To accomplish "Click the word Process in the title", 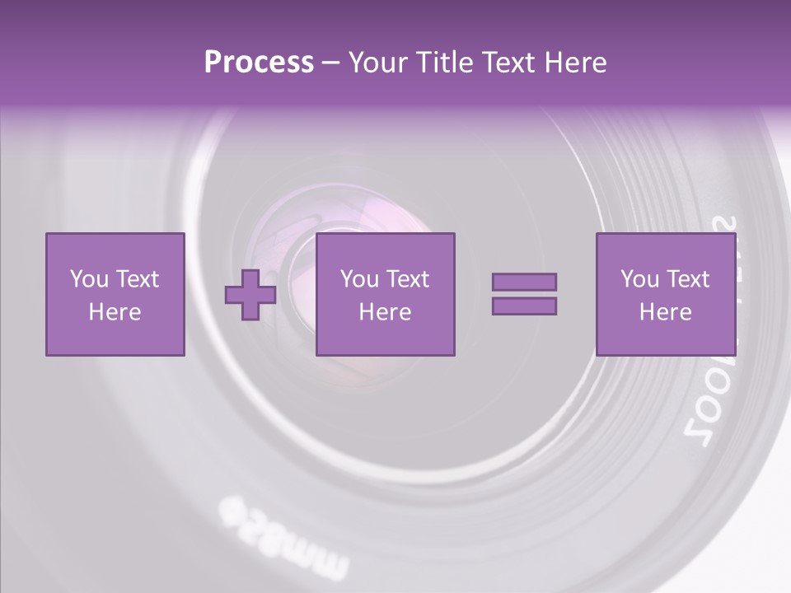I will [259, 63].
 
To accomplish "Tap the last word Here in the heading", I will [576, 63].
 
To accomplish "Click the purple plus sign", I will [250, 295].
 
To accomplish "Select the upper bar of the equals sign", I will [524, 282].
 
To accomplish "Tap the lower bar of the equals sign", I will [524, 306].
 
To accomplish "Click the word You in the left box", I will [89, 279].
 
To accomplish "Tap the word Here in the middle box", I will [385, 312].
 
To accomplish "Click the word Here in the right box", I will [665, 312].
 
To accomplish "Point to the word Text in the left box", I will [138, 279].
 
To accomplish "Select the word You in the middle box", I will [359, 279].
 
